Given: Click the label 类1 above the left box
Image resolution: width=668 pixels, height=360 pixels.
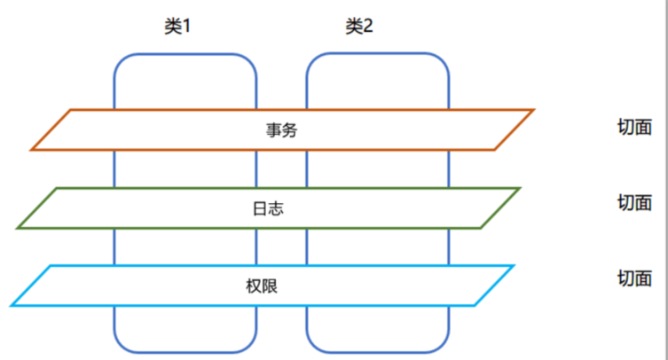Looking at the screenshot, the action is (177, 26).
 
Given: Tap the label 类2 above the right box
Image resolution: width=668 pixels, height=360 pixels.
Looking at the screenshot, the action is (359, 26).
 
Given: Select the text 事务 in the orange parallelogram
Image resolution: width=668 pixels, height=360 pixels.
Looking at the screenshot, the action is (281, 130).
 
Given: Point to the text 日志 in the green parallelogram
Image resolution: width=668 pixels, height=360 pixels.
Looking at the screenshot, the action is (268, 208).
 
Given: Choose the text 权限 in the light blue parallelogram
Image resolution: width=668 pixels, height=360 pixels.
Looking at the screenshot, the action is (262, 286).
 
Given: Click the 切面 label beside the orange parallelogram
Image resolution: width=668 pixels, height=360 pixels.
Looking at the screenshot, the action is (634, 127).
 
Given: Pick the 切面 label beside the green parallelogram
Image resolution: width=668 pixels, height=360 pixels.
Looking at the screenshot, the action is (634, 202).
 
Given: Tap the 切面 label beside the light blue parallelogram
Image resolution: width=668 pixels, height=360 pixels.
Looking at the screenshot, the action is (634, 278).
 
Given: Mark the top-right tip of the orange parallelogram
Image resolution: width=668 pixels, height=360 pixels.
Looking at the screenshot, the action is (533, 110).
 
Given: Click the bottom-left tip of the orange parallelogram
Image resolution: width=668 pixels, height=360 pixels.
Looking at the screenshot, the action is (31, 150).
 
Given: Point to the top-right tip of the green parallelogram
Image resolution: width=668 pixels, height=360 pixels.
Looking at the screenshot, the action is (520, 188).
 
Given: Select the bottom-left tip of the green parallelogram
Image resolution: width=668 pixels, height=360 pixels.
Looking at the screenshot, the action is (17, 228).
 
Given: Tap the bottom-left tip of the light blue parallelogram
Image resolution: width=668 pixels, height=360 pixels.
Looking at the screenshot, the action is (11, 305).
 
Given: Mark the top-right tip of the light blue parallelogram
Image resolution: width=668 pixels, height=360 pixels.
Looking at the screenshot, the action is (515, 266).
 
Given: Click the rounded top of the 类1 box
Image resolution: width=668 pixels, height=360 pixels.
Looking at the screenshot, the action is (185, 55).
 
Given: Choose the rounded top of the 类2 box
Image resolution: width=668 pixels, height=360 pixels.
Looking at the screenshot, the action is (377, 54).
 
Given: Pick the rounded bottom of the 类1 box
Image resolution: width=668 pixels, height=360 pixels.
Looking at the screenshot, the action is (185, 352).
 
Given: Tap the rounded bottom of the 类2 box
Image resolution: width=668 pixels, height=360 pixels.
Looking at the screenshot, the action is (377, 352).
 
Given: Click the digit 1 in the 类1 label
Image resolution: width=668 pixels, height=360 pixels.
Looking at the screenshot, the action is (186, 27).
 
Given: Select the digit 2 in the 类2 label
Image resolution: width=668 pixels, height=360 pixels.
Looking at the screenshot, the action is (367, 26).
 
